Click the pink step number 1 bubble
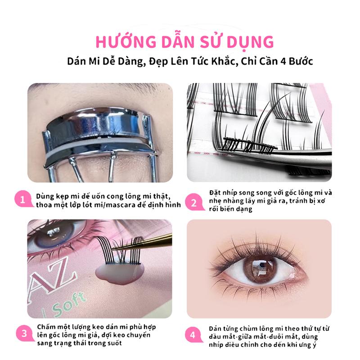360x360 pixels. pos(23,199)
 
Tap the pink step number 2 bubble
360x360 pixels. pos(194,202)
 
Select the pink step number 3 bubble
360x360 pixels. pos(24,333)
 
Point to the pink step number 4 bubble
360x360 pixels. pos(193,334)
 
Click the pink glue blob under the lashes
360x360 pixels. pos(119,274)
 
